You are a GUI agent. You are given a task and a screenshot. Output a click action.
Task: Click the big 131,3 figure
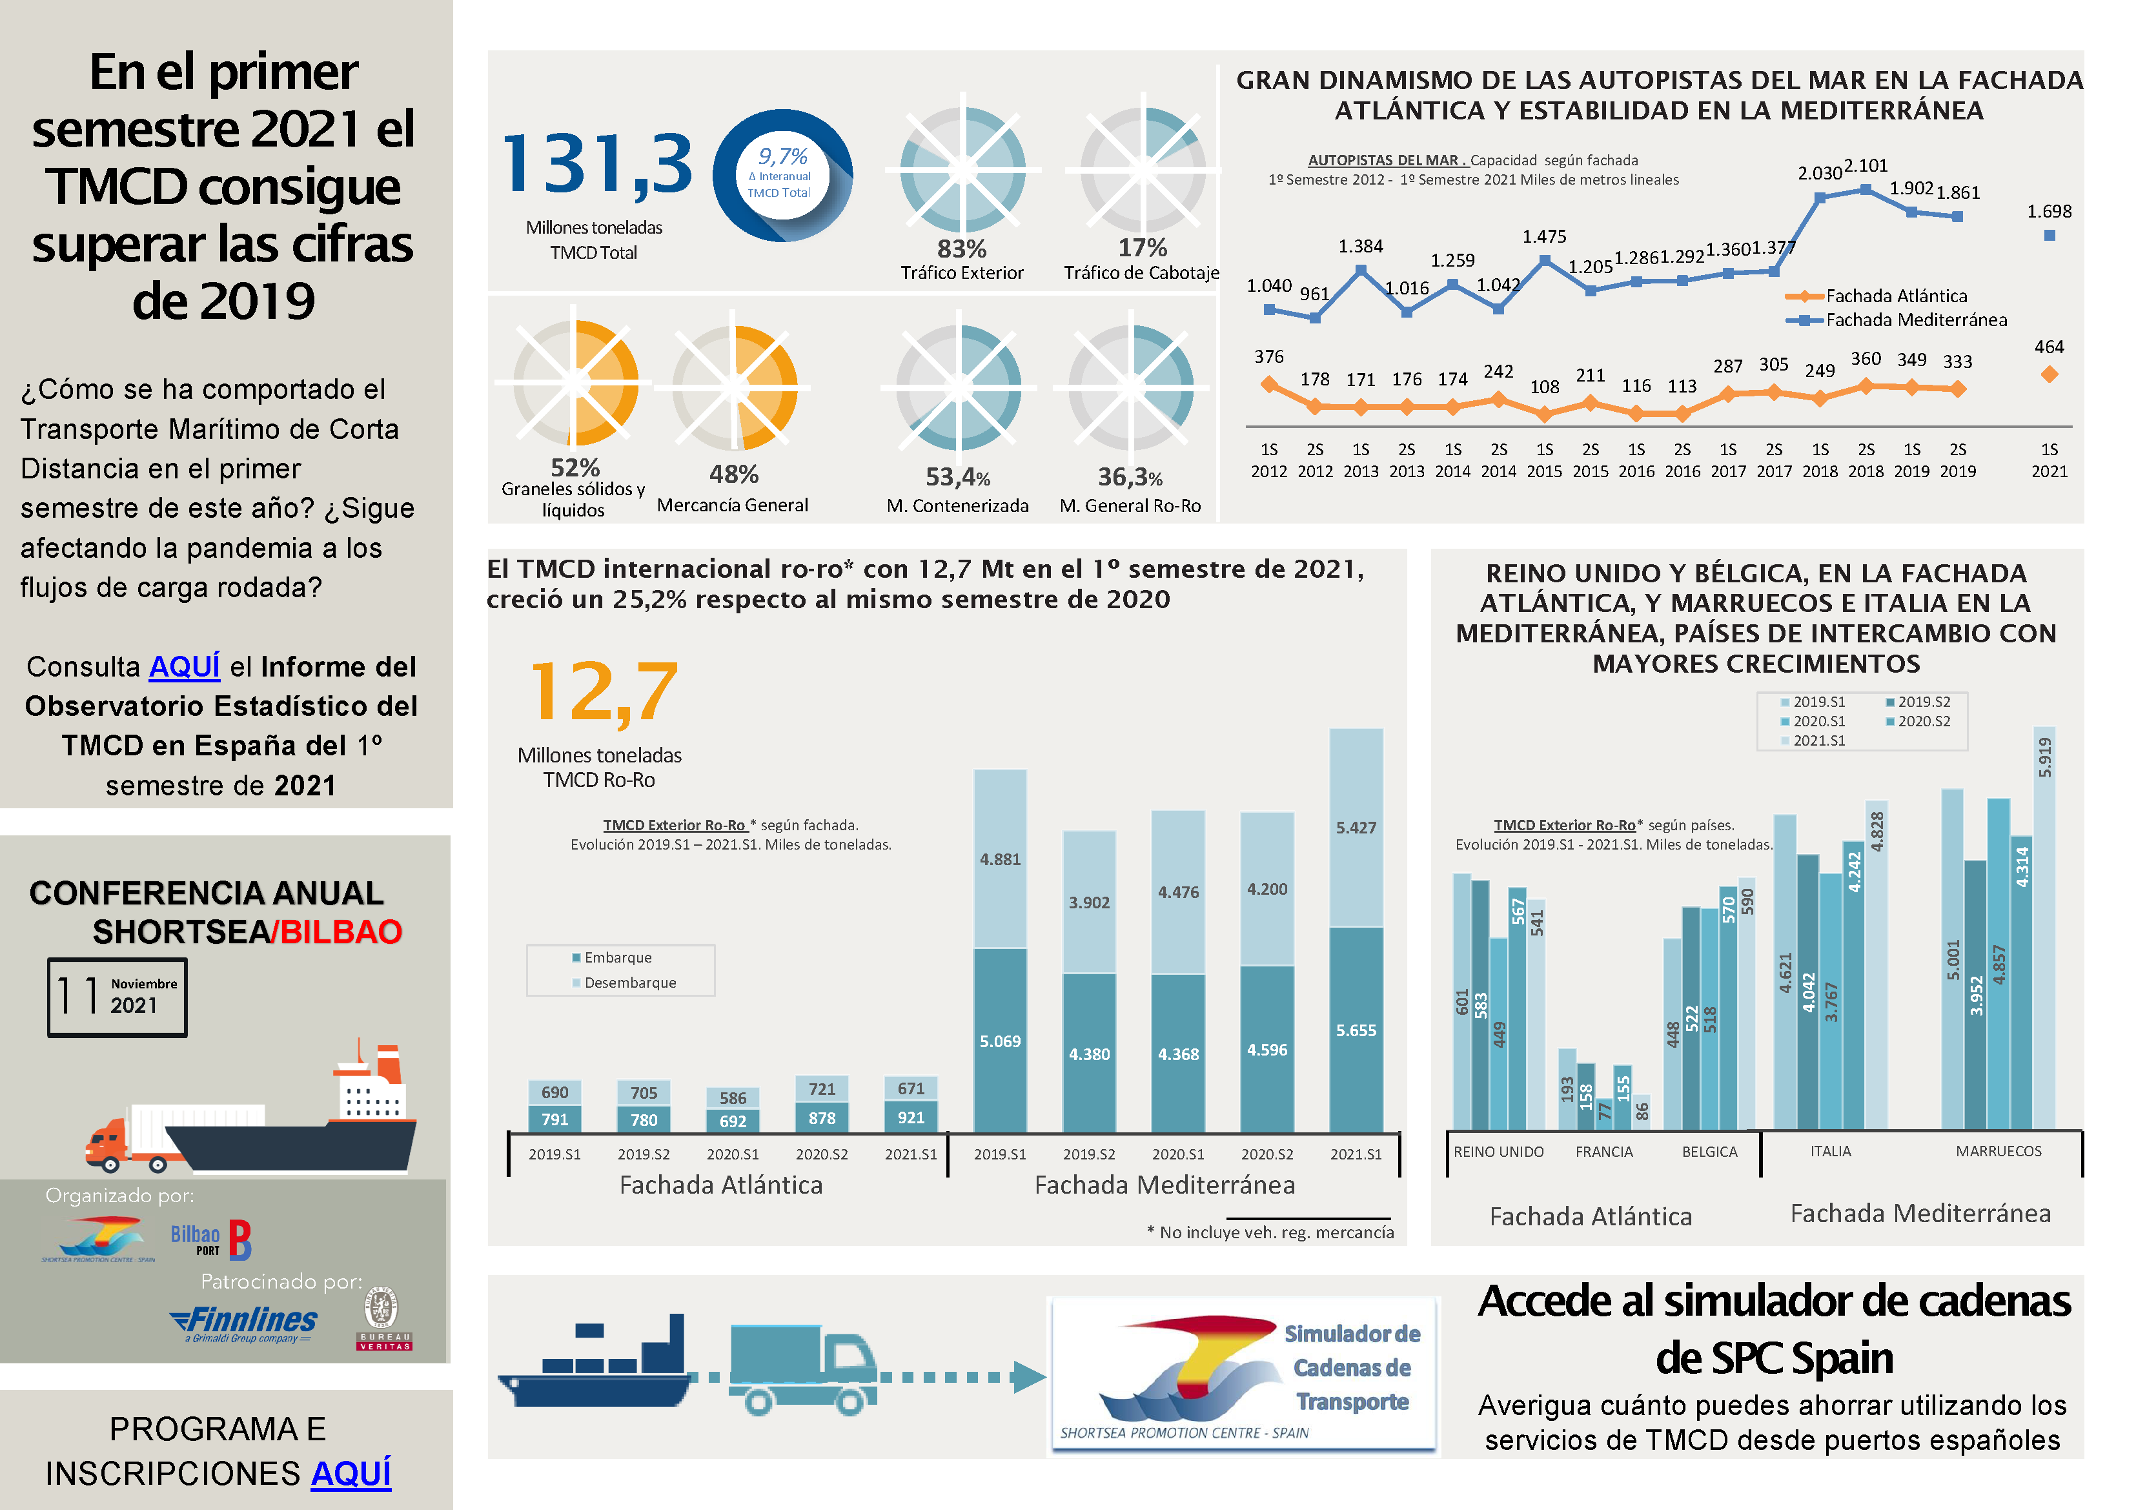[596, 164]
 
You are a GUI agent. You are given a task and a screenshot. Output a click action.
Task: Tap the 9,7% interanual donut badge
[782, 175]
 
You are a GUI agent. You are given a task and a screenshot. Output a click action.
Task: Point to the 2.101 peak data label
[1866, 166]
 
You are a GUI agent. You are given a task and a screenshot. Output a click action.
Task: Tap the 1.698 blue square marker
[2049, 236]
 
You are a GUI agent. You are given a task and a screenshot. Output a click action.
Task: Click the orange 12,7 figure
[603, 691]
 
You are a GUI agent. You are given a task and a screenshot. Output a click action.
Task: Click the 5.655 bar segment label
[1356, 1030]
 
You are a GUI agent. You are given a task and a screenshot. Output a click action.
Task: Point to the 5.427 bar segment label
[1356, 827]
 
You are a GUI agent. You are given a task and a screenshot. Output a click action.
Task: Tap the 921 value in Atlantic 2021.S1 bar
[911, 1117]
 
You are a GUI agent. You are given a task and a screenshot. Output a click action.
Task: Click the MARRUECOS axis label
[1999, 1151]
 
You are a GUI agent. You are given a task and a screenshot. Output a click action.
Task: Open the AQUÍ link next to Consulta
[184, 666]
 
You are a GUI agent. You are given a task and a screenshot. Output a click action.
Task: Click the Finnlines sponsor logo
[245, 1322]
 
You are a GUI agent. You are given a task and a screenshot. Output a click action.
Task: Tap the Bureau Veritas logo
[383, 1318]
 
